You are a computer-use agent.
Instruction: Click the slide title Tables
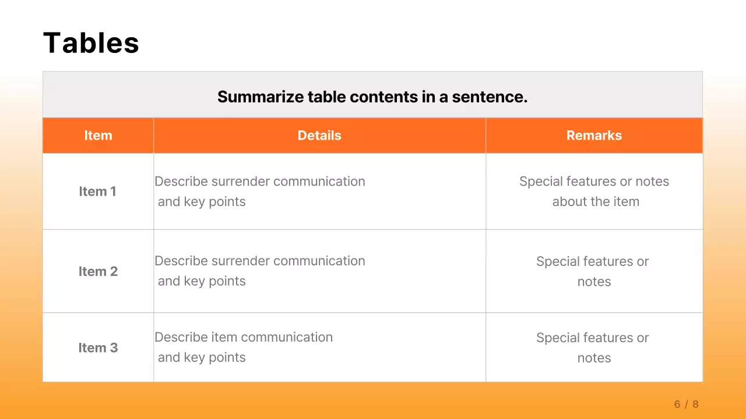pyautogui.click(x=91, y=43)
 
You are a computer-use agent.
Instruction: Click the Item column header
pyautogui.click(x=98, y=136)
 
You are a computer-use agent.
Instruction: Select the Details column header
pyautogui.click(x=319, y=136)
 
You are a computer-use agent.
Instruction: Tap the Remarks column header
pyautogui.click(x=594, y=136)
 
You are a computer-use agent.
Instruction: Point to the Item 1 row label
pyautogui.click(x=97, y=191)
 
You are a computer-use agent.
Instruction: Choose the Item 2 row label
pyautogui.click(x=98, y=271)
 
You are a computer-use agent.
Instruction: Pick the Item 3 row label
pyautogui.click(x=98, y=347)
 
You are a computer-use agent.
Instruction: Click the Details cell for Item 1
pyautogui.click(x=260, y=191)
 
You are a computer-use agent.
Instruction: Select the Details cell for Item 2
pyautogui.click(x=260, y=271)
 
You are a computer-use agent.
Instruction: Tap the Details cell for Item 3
pyautogui.click(x=244, y=347)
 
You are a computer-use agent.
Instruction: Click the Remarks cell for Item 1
pyautogui.click(x=594, y=191)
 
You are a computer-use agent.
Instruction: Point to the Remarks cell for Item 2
pyautogui.click(x=593, y=271)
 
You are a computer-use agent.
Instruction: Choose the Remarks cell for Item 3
pyautogui.click(x=593, y=347)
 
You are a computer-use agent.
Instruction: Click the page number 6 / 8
pyautogui.click(x=686, y=404)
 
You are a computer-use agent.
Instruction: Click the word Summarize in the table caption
pyautogui.click(x=261, y=97)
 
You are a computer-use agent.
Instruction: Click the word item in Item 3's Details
pyautogui.click(x=224, y=338)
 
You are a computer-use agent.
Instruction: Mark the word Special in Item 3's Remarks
pyautogui.click(x=557, y=338)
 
